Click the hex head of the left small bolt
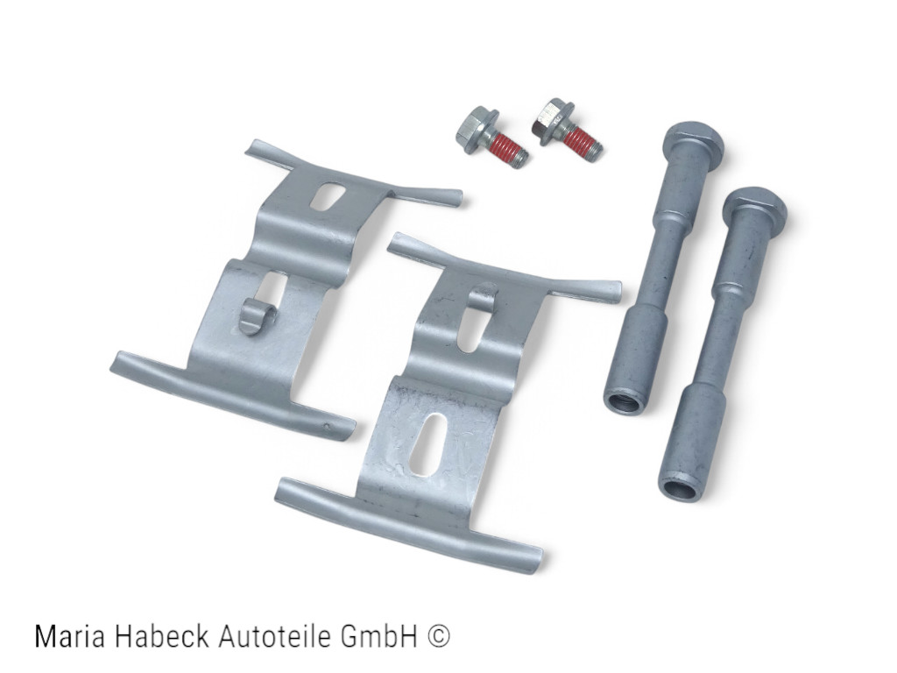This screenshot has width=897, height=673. point(476,130)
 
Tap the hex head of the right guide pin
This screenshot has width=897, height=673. point(756,206)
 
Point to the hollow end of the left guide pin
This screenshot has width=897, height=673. point(625,403)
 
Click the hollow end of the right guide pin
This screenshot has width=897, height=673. point(683,490)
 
